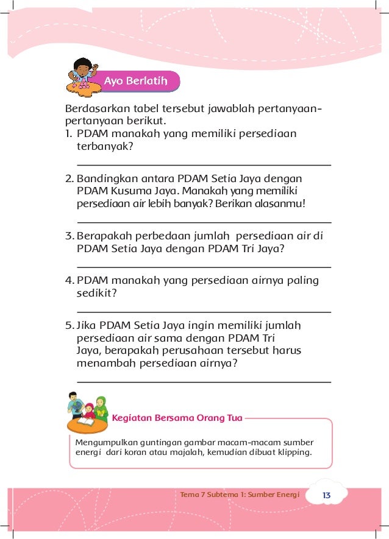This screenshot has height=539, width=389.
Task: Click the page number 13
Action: point(326,495)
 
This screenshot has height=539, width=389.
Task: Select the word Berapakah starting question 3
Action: point(105,236)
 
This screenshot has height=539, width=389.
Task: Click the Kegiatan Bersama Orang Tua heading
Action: point(177,418)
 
